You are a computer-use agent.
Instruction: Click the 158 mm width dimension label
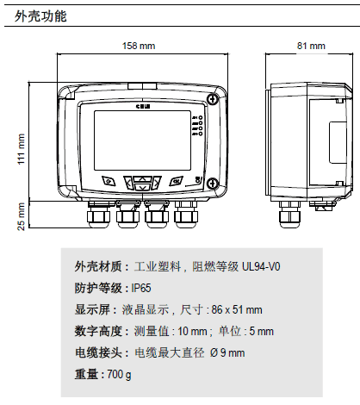pyautogui.click(x=138, y=45)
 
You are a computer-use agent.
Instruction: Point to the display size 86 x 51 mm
pyautogui.click(x=237, y=310)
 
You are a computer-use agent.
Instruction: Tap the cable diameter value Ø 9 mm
pyautogui.click(x=227, y=353)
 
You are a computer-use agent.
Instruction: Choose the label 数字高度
pyautogui.click(x=98, y=332)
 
